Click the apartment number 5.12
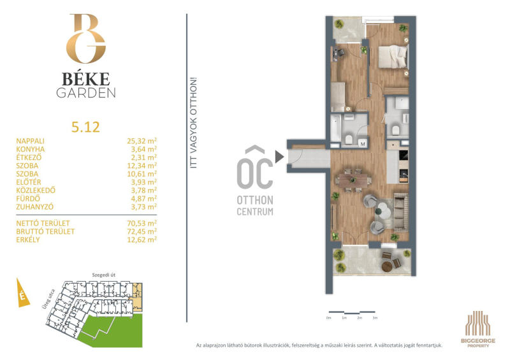[x=85, y=127]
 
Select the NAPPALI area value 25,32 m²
[x=142, y=141]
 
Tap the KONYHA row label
[x=31, y=149]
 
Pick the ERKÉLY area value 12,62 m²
[x=142, y=240]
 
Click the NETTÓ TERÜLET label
[x=43, y=224]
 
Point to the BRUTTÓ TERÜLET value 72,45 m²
[x=142, y=231]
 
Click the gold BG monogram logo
[x=86, y=38]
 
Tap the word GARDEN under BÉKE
[x=86, y=93]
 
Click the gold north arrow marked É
[x=22, y=293]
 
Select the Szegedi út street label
[x=104, y=275]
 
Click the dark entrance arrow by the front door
[x=279, y=156]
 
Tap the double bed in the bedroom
[x=393, y=57]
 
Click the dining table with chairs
[x=353, y=180]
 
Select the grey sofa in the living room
[x=401, y=212]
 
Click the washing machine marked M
[x=363, y=144]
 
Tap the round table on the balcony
[x=387, y=267]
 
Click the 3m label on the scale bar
[x=375, y=318]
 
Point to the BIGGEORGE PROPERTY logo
[x=478, y=328]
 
